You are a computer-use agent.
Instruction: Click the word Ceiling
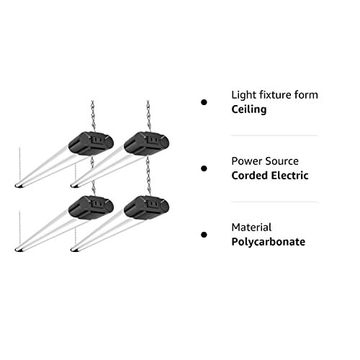pyautogui.click(x=250, y=109)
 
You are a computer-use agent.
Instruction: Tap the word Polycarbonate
pyautogui.click(x=268, y=242)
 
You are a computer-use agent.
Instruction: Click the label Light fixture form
pyautogui.click(x=274, y=94)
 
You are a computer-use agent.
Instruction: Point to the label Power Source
pyautogui.click(x=264, y=161)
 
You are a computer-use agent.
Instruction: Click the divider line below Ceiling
pyautogui.click(x=274, y=135)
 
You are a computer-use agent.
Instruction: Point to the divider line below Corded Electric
pyautogui.click(x=274, y=202)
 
